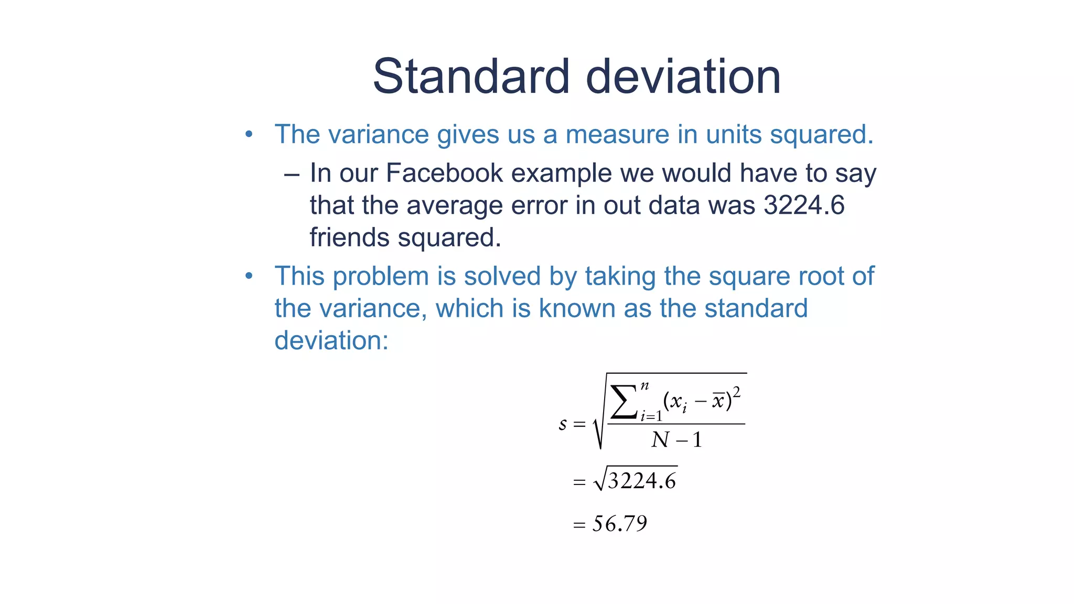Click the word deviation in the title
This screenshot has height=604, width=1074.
coord(683,77)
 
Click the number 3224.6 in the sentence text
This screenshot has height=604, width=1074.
coord(804,205)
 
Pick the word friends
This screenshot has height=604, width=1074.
coord(350,238)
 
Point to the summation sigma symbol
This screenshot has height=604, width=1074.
coord(624,403)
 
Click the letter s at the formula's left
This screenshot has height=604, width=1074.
coord(563,424)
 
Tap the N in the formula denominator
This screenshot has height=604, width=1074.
coord(661,440)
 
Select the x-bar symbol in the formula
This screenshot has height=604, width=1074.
coord(718,402)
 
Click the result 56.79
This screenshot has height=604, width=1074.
coord(620,524)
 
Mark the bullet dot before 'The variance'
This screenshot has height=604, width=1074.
coord(249,135)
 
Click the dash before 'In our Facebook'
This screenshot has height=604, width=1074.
coord(292,174)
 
